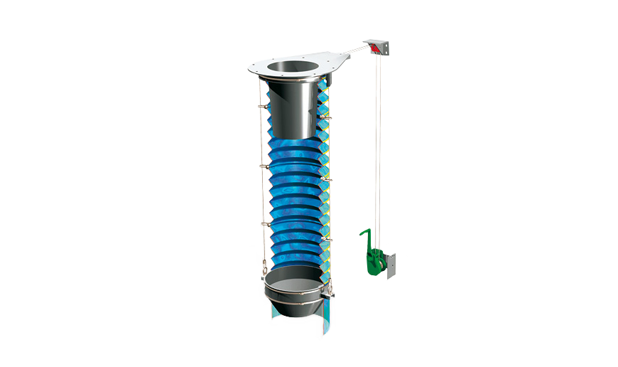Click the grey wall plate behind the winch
point(391,265)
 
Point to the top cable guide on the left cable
point(263,107)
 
